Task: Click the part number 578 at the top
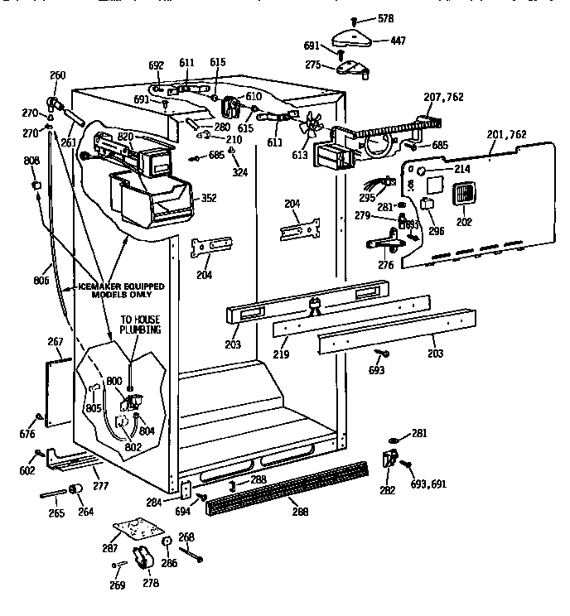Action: tap(385, 17)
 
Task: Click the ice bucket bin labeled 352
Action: tap(153, 200)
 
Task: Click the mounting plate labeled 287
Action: tap(137, 531)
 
